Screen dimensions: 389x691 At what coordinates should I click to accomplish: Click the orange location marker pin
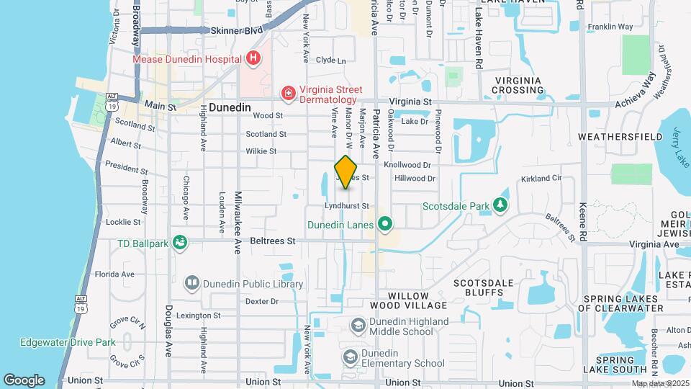tap(346, 172)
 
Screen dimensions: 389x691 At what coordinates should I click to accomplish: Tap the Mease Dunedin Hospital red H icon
tap(253, 58)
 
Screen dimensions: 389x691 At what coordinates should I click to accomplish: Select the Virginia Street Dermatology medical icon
tap(288, 94)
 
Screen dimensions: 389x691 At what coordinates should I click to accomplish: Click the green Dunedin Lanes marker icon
tap(385, 224)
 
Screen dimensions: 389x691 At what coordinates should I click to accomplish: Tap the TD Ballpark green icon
tap(179, 243)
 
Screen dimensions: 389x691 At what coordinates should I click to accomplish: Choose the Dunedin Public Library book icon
tap(191, 284)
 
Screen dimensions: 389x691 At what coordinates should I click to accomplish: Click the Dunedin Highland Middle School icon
tap(358, 326)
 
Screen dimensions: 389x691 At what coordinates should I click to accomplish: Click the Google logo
tap(24, 380)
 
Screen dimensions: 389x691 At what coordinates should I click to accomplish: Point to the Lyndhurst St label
tap(347, 206)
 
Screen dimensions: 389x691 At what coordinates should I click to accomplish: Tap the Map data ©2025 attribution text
tap(660, 383)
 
